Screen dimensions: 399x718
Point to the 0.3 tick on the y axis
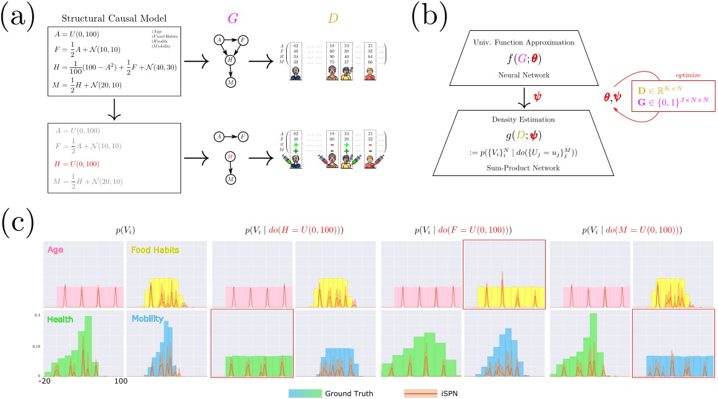tap(36, 315)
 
